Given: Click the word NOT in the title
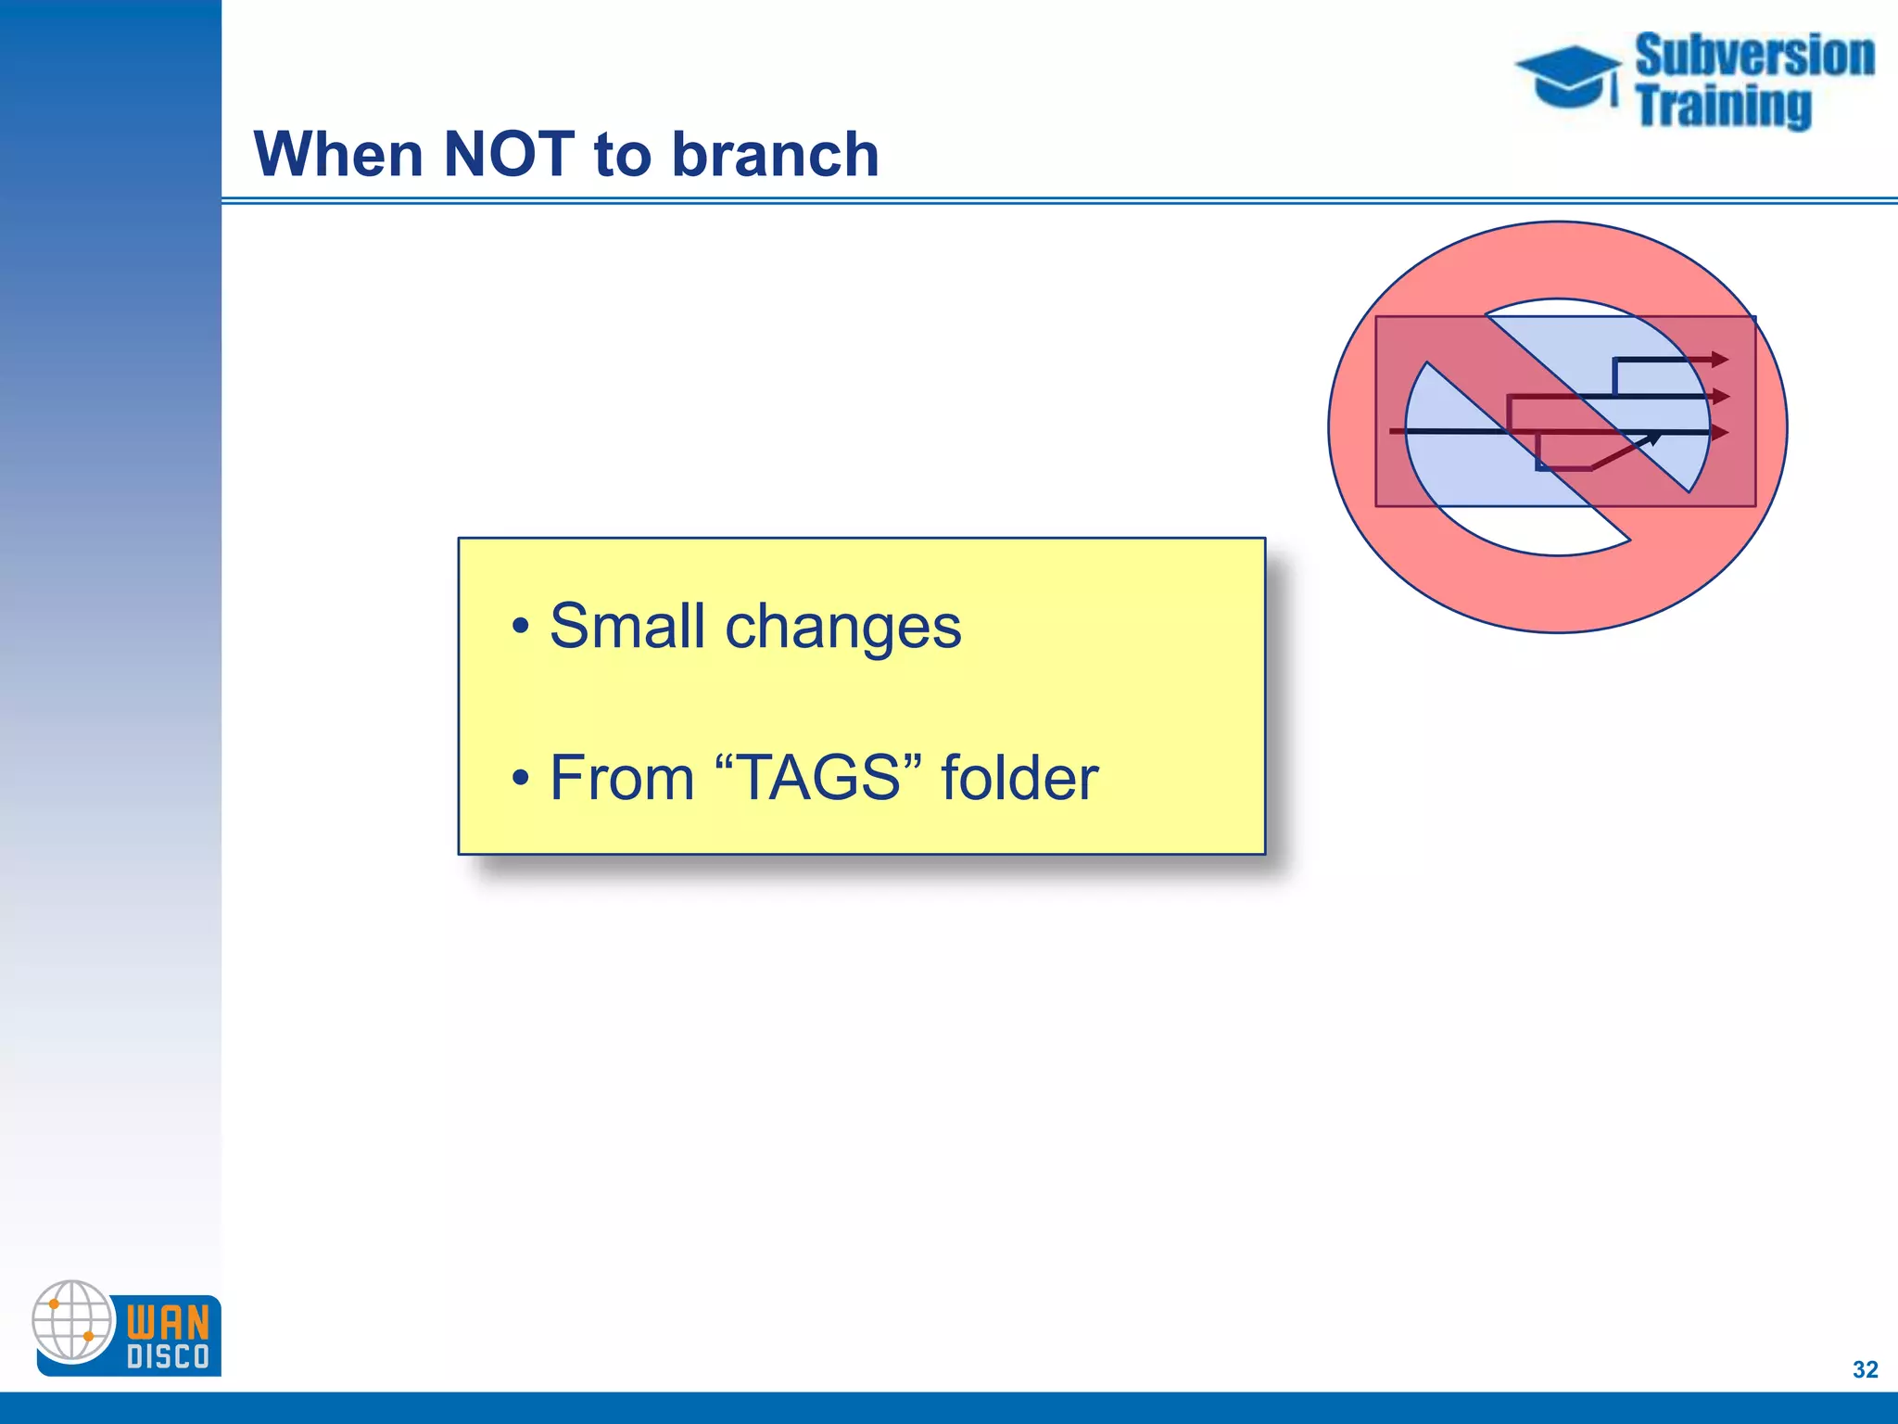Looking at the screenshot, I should [508, 154].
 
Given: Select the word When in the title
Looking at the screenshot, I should [338, 154].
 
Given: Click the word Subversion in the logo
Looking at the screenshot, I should [1754, 56].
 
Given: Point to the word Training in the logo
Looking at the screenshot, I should [1723, 106].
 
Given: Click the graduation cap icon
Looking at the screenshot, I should [1568, 77].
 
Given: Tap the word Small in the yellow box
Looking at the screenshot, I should [627, 626].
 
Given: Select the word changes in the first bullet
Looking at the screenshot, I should [842, 628].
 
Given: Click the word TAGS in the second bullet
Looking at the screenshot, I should [819, 777].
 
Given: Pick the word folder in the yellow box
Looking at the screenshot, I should [1019, 777].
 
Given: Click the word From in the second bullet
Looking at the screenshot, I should [622, 777].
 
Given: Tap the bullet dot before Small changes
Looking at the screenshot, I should [521, 628].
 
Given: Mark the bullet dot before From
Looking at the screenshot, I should [521, 778].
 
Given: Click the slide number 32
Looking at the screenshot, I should [1865, 1369].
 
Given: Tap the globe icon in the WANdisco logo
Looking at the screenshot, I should [72, 1321].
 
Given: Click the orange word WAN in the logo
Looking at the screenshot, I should [168, 1321].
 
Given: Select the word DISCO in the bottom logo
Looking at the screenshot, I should [168, 1357].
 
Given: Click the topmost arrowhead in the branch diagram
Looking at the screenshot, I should [1719, 360].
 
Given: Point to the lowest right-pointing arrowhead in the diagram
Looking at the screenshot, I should [1719, 432].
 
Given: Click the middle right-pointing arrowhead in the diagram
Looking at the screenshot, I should [1720, 397].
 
